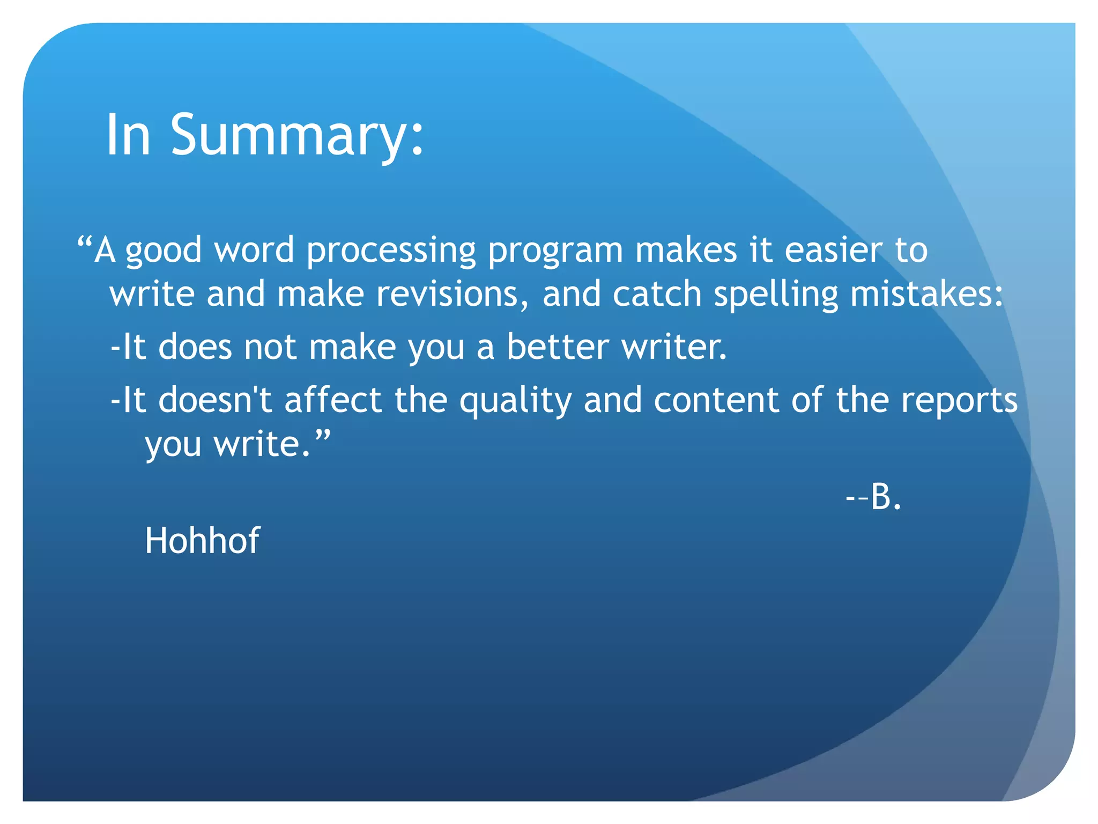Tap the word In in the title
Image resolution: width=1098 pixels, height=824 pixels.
128,135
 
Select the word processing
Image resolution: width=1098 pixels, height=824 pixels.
391,251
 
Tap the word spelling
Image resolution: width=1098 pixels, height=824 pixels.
776,296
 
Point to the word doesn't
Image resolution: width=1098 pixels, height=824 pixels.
215,400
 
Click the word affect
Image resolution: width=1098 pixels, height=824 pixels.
333,400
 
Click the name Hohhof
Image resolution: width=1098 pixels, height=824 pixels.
202,540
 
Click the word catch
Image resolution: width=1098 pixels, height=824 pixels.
657,295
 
